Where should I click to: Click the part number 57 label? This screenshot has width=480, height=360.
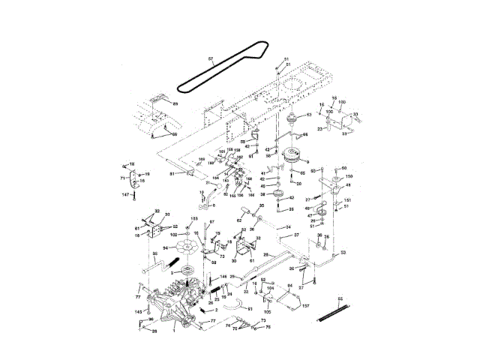pyautogui.click(x=210, y=58)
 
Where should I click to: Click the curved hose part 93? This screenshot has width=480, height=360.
pyautogui.click(x=235, y=303)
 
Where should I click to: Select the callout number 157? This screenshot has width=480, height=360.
pyautogui.click(x=306, y=305)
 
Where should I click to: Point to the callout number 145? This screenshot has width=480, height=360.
pyautogui.click(x=138, y=311)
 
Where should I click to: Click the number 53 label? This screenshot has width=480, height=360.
pyautogui.click(x=343, y=253)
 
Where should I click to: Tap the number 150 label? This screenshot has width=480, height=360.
pyautogui.click(x=348, y=176)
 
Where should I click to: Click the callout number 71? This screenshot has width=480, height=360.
pyautogui.click(x=122, y=178)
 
